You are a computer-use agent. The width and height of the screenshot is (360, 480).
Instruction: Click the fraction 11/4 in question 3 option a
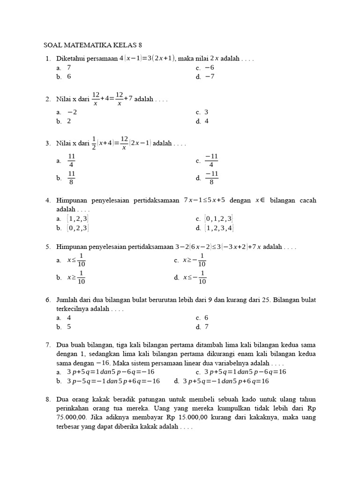pos(71,160)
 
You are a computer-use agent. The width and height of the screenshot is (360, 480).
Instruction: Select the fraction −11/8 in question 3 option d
pos(212,178)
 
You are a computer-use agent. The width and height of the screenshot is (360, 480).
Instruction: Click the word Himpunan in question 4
pos(73,200)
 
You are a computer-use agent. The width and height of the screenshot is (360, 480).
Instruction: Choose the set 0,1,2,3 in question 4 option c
pos(219,218)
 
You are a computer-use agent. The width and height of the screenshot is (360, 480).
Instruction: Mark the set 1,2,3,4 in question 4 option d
pos(219,228)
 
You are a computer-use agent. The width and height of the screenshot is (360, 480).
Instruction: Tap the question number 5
pos(48,247)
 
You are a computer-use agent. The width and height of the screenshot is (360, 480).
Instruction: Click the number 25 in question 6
pos(266,300)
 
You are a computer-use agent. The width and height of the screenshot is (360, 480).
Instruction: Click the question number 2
pos(48,99)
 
